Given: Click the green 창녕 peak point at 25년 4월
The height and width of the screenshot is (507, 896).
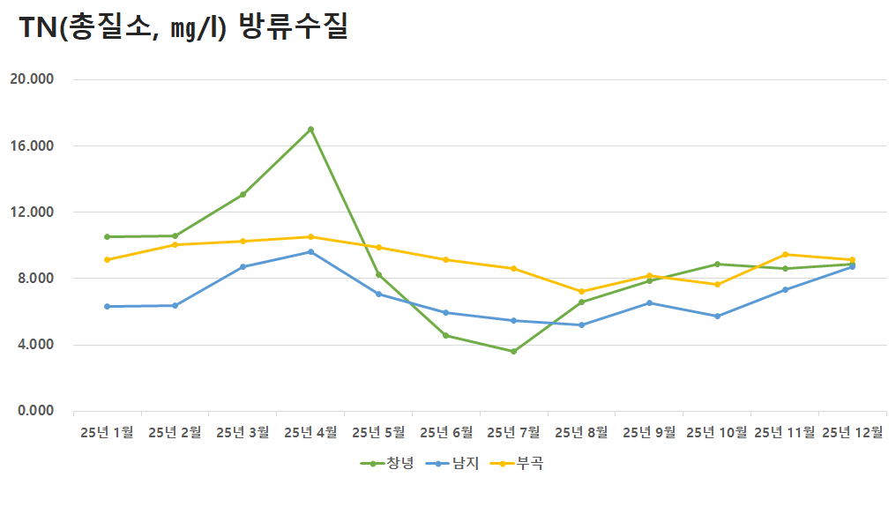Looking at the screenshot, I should tap(310, 130).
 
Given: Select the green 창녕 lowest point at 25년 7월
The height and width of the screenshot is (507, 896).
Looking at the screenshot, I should tap(514, 351).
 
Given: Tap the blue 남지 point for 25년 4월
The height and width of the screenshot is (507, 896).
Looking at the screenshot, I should tap(310, 251).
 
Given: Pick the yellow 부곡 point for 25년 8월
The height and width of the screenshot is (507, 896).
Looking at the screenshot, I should tap(582, 291).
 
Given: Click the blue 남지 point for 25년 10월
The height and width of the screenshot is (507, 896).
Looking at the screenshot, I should tap(718, 316).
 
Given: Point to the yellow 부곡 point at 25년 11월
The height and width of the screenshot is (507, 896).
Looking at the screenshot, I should tap(786, 255).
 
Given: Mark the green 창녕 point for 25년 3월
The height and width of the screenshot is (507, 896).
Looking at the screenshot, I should tap(243, 194).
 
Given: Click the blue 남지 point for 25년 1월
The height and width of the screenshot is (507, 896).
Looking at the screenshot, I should tap(107, 306).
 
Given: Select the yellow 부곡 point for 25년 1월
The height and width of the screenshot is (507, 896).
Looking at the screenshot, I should tap(107, 259).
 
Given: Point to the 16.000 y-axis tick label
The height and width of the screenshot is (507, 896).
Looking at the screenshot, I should tap(32, 145).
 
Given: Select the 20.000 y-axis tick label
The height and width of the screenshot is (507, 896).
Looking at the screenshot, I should tap(32, 79).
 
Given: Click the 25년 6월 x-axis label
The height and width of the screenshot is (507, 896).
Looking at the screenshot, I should tap(446, 432).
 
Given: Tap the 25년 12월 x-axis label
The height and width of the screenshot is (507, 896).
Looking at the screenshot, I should tap(853, 432).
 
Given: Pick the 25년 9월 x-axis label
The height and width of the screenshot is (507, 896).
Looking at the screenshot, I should tap(650, 432).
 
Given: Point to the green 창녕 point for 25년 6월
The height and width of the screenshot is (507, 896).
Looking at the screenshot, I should tap(446, 335).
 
